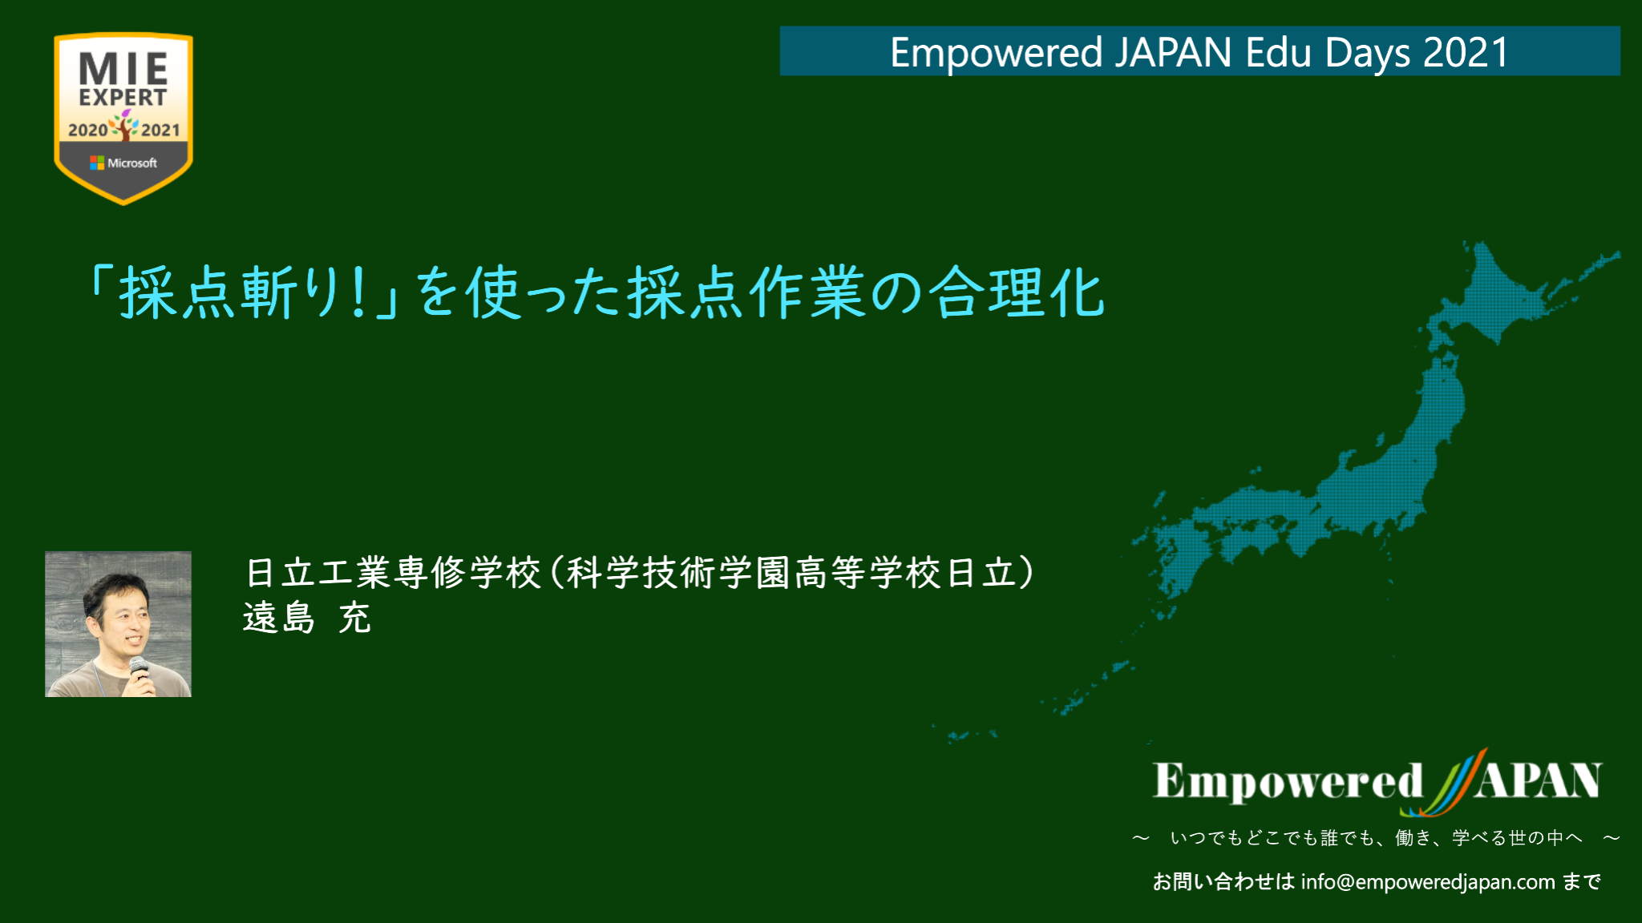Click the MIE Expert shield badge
pyautogui.click(x=123, y=118)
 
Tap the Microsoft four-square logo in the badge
pyautogui.click(x=97, y=163)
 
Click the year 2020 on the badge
pyautogui.click(x=88, y=130)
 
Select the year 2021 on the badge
pyautogui.click(x=160, y=130)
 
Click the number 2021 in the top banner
pyautogui.click(x=1466, y=53)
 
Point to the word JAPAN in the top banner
pyautogui.click(x=1173, y=53)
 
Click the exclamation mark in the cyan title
pyautogui.click(x=358, y=292)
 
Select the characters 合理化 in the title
pyautogui.click(x=1017, y=292)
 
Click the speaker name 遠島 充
pyautogui.click(x=307, y=619)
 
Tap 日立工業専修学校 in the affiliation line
pyautogui.click(x=394, y=573)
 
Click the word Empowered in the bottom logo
pyautogui.click(x=1288, y=781)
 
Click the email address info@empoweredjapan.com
pyautogui.click(x=1428, y=882)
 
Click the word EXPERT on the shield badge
pyautogui.click(x=123, y=98)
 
